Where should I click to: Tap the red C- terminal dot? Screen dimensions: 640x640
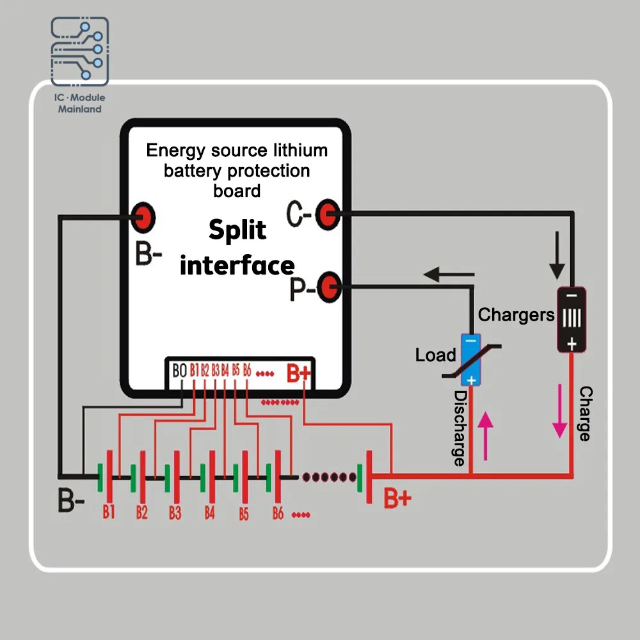(x=328, y=215)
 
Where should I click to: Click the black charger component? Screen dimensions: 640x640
(x=571, y=319)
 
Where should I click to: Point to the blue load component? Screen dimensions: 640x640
(x=471, y=360)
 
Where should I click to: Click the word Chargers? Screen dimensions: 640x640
(x=516, y=315)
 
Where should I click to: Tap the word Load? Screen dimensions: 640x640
(x=435, y=355)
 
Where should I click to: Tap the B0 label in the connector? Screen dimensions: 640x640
(x=180, y=371)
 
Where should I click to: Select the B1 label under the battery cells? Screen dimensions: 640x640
(x=109, y=511)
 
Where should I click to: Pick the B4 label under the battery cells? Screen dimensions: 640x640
(x=209, y=513)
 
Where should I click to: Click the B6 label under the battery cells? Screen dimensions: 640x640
(x=278, y=513)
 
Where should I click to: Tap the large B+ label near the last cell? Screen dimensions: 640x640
(x=397, y=497)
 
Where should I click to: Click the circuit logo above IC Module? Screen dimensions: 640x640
(x=80, y=51)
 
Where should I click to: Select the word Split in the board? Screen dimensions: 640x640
(x=237, y=230)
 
